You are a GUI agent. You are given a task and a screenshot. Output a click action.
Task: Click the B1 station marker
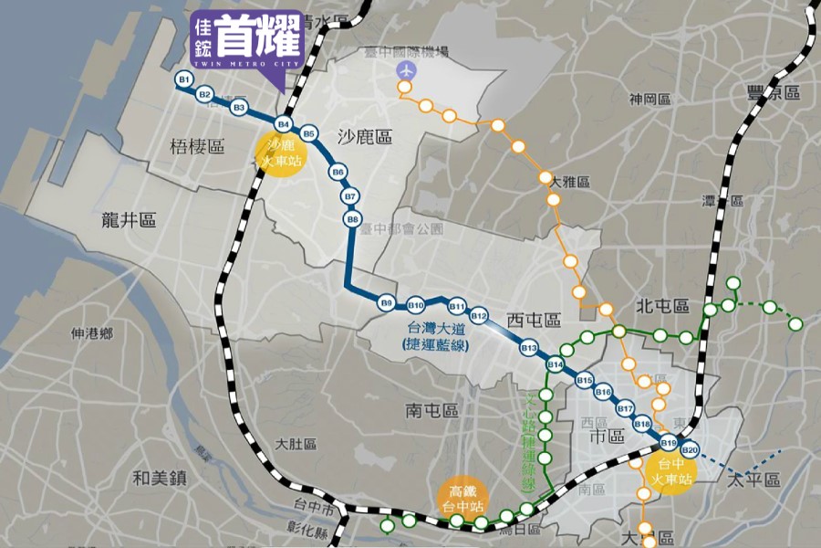click(x=183, y=80)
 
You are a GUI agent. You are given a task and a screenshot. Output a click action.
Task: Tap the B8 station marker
click(x=353, y=218)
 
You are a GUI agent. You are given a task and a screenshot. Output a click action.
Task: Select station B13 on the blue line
click(x=528, y=348)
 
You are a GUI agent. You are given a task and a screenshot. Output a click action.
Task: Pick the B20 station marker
click(x=689, y=449)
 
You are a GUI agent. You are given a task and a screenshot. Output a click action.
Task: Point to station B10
click(x=416, y=304)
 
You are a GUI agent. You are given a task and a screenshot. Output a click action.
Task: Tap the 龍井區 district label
click(x=130, y=220)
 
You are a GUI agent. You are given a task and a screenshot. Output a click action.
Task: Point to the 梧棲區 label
click(x=197, y=146)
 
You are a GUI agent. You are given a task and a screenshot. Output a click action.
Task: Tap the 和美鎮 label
click(x=159, y=477)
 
